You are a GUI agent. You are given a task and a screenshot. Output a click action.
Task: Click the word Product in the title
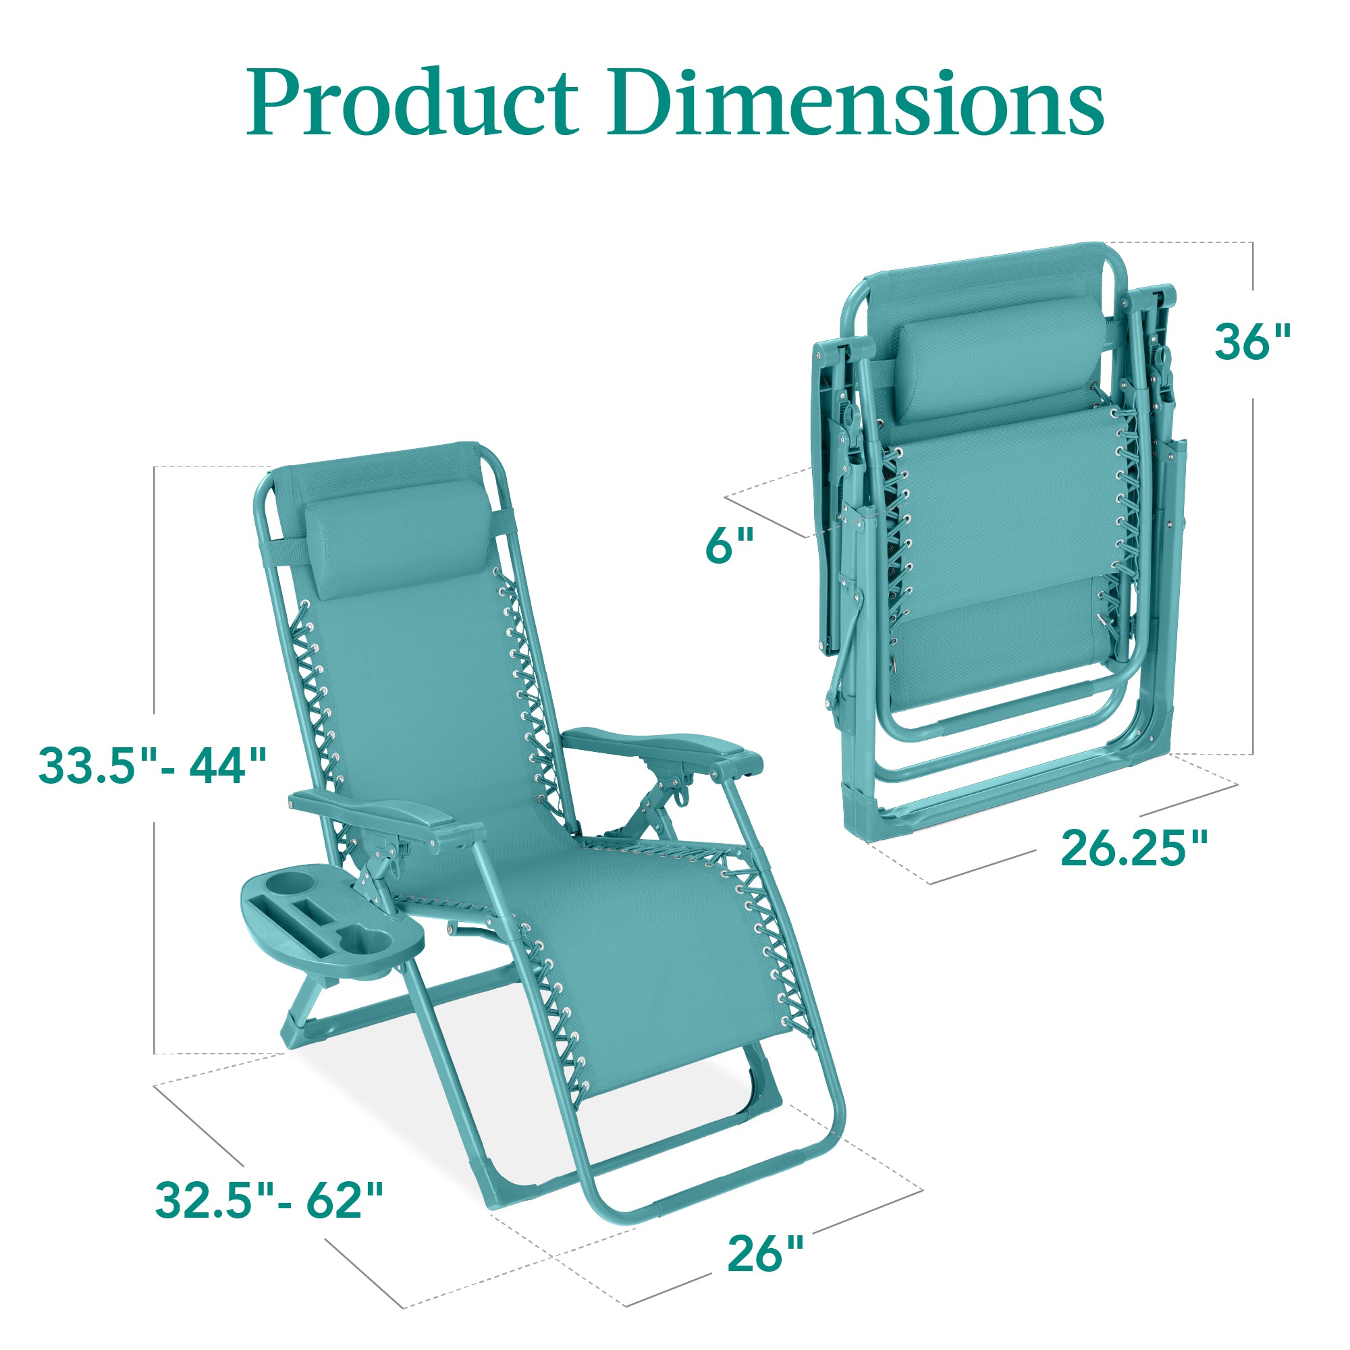(412, 103)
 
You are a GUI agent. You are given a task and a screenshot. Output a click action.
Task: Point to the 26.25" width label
(1133, 849)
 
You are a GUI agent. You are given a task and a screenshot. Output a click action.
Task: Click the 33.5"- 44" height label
(153, 765)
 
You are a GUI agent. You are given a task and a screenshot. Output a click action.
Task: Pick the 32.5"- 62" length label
(269, 1200)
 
